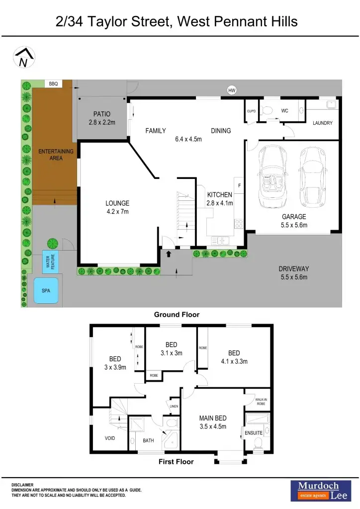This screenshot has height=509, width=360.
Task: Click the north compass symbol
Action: pyautogui.click(x=23, y=57)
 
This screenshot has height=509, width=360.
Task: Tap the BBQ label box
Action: pyautogui.click(x=53, y=85)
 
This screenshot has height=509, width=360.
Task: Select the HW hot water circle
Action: pyautogui.click(x=231, y=90)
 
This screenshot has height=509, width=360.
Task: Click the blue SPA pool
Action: pyautogui.click(x=46, y=290)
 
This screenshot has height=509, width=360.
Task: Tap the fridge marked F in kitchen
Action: pyautogui.click(x=239, y=185)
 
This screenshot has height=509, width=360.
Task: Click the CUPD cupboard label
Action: pyautogui.click(x=251, y=111)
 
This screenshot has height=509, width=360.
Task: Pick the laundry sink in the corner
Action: pyautogui.click(x=331, y=105)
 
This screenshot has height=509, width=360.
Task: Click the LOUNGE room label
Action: pyautogui.click(x=117, y=203)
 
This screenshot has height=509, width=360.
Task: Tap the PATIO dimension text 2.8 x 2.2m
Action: pyautogui.click(x=102, y=122)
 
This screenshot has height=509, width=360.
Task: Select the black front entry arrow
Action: pyautogui.click(x=168, y=254)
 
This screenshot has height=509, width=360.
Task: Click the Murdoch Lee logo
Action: pyautogui.click(x=318, y=490)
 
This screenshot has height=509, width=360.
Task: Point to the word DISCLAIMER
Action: pyautogui.click(x=22, y=485)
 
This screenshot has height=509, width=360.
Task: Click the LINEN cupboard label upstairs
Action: pyautogui.click(x=174, y=406)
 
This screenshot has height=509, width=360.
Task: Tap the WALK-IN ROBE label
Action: pyautogui.click(x=262, y=401)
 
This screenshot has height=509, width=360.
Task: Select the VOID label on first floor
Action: pyautogui.click(x=110, y=438)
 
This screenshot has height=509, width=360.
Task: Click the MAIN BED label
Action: pyautogui.click(x=213, y=419)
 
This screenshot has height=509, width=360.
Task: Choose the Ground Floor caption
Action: pyautogui.click(x=177, y=315)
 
